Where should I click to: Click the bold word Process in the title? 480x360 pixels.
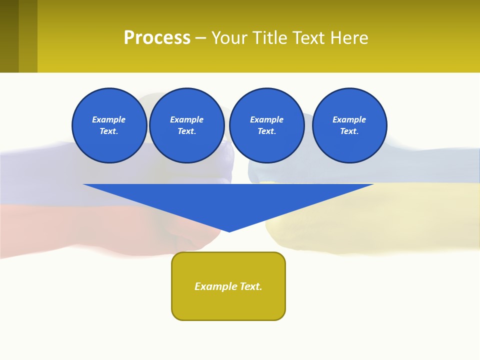click(157, 38)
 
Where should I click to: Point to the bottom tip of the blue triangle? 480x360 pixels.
click(229, 230)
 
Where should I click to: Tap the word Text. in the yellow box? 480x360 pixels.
click(251, 286)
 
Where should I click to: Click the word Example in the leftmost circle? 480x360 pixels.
click(108, 119)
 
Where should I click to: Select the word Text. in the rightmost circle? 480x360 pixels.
click(349, 131)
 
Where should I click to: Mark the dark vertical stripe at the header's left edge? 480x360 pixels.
click(9, 36)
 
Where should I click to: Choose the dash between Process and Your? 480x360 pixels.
click(200, 38)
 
